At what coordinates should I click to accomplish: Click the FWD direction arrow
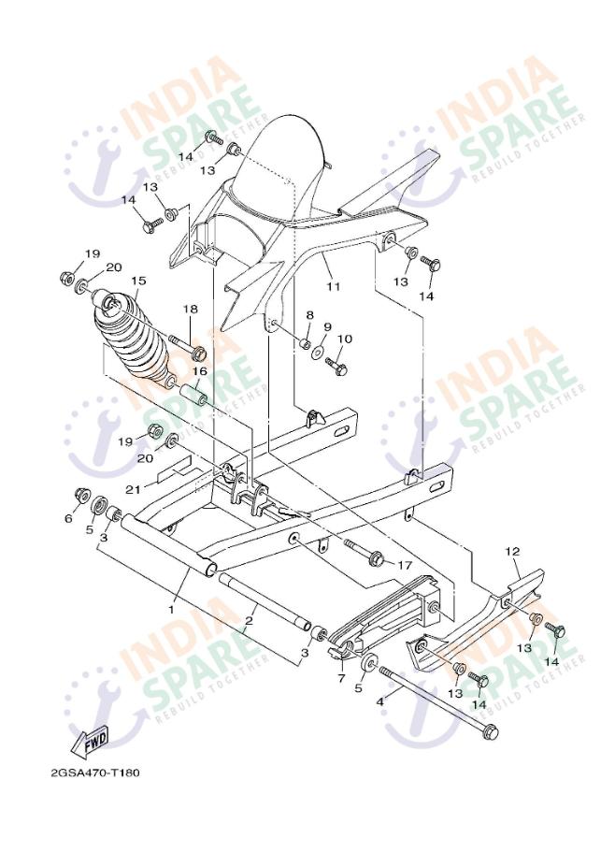click(x=90, y=742)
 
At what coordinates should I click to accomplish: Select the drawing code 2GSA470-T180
click(x=95, y=773)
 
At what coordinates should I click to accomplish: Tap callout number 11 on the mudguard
click(x=333, y=286)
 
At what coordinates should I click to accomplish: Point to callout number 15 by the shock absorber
click(x=138, y=281)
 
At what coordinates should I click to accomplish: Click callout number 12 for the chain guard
click(x=512, y=552)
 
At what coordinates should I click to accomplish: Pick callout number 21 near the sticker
click(x=133, y=489)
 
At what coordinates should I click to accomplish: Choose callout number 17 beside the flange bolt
click(x=405, y=565)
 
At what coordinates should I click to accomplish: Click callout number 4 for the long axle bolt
click(x=380, y=701)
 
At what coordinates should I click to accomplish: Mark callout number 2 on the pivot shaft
click(x=250, y=620)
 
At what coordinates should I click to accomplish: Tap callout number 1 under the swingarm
click(x=172, y=610)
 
